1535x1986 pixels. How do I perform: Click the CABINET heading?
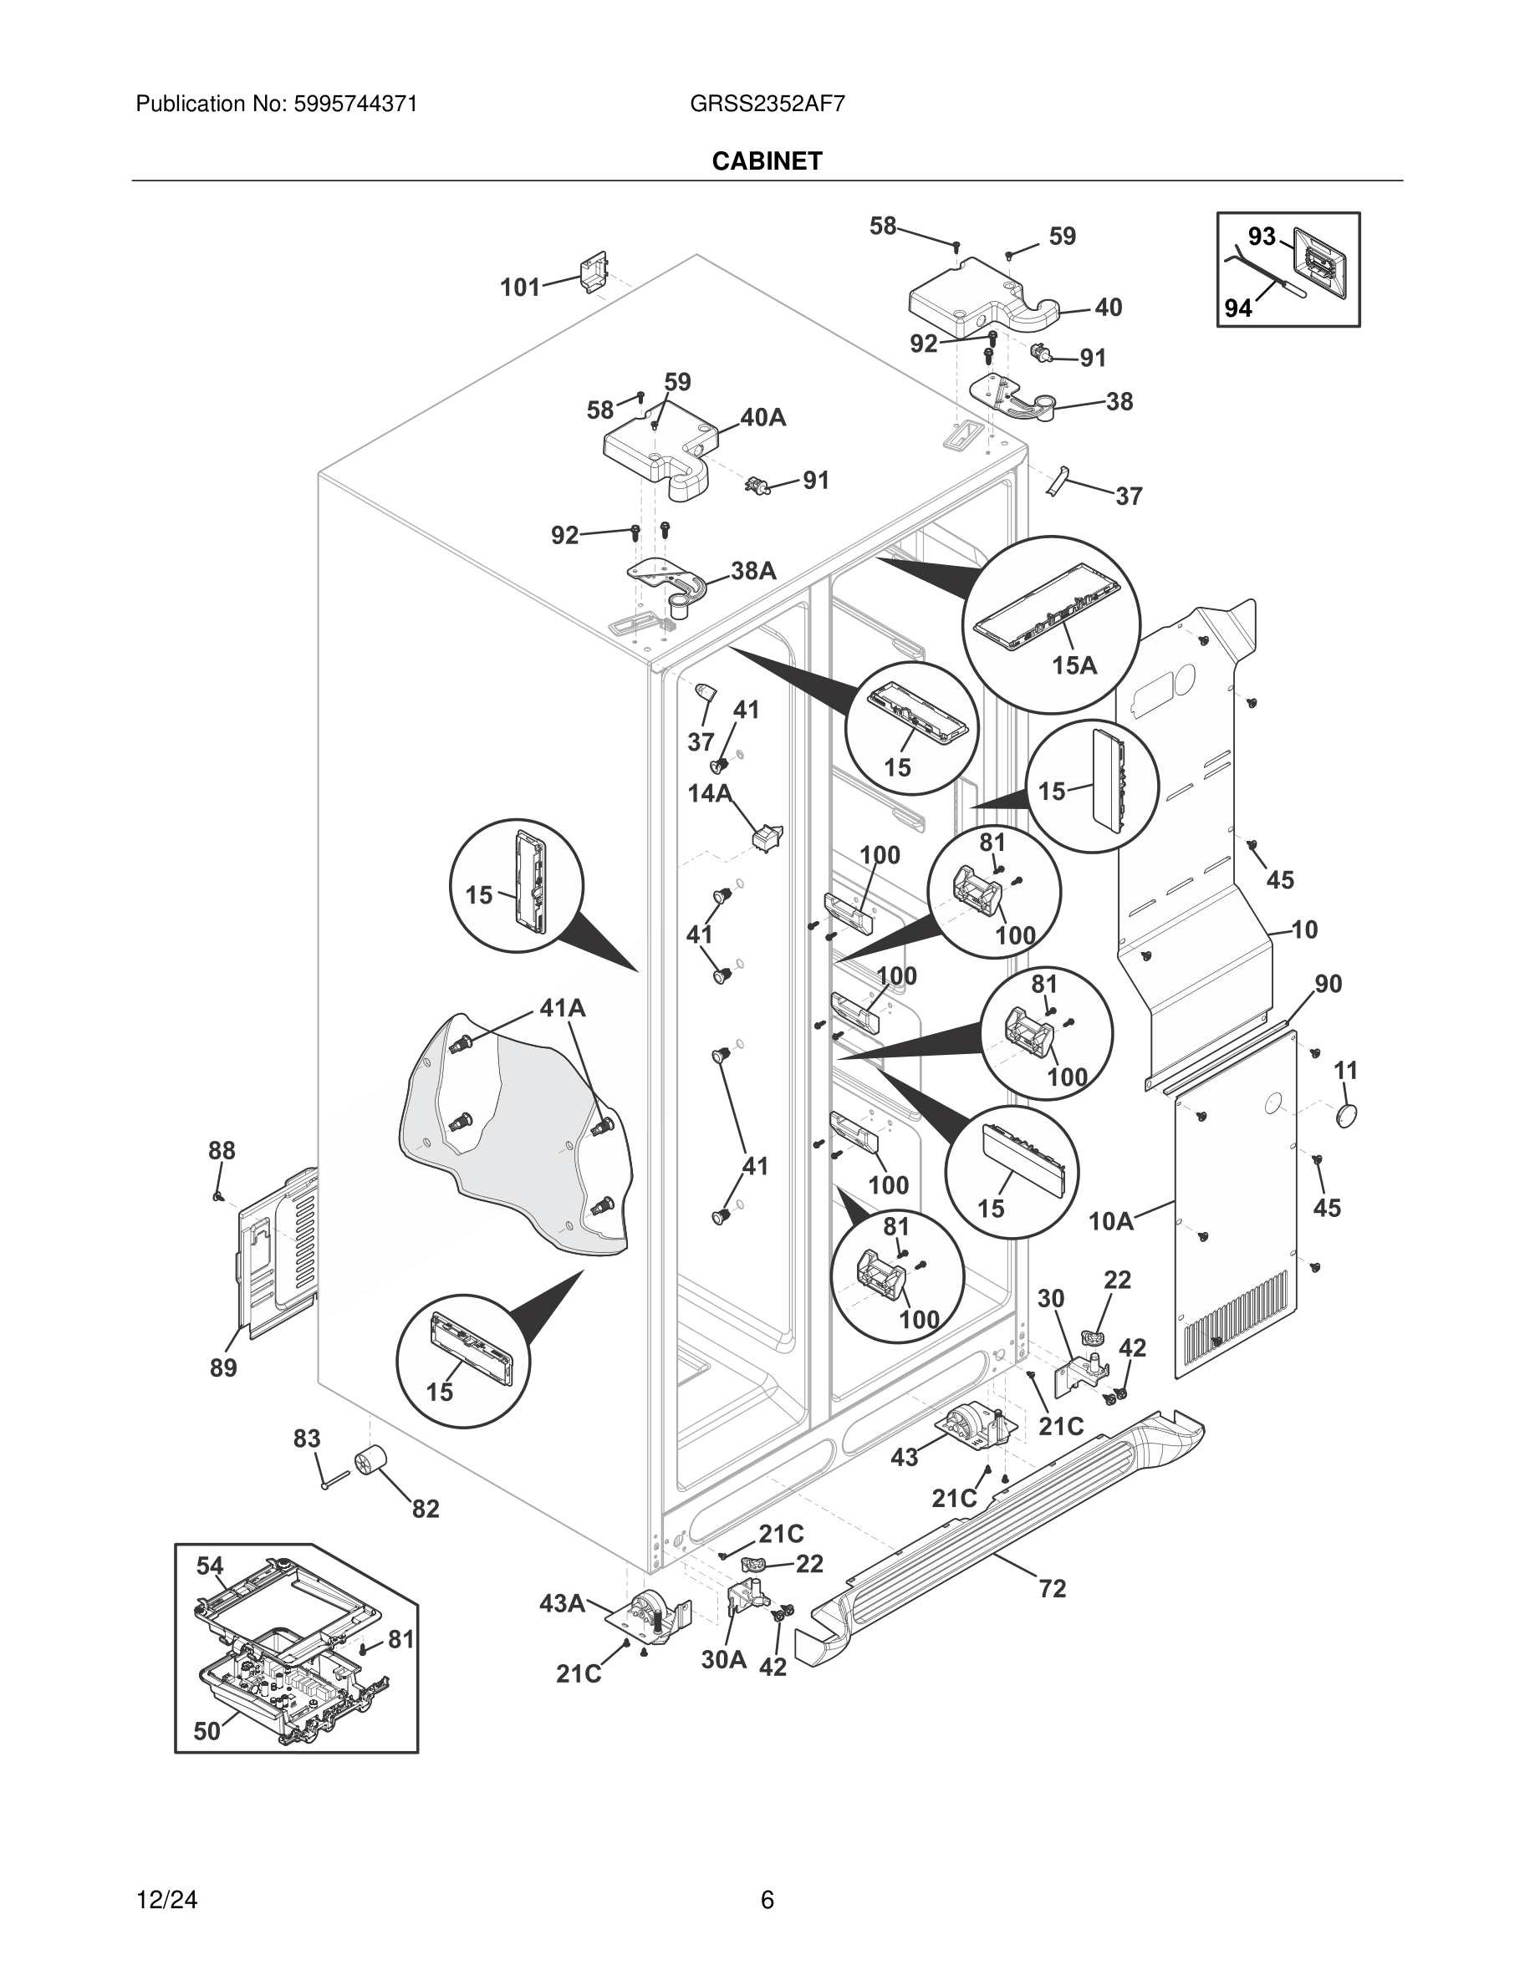[767, 161]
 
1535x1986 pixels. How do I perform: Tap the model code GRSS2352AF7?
[767, 104]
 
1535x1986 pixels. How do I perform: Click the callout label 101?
[520, 288]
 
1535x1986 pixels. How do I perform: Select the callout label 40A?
[763, 417]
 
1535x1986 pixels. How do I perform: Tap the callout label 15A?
[1074, 665]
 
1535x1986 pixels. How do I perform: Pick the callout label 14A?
[709, 794]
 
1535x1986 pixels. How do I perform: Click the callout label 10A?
[1111, 1221]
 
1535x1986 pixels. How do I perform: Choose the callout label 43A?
[562, 1603]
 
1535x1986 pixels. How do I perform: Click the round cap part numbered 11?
[1347, 1115]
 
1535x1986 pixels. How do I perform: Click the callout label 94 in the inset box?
[1237, 309]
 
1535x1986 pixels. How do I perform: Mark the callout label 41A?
[562, 1007]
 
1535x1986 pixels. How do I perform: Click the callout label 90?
[1328, 983]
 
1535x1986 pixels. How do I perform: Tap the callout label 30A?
[724, 1659]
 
